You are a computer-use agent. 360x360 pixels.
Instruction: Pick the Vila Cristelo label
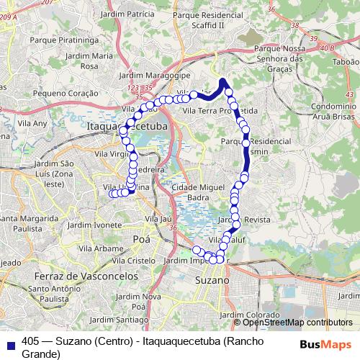[x=132, y=261]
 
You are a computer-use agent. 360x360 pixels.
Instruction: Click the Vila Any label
[x=34, y=123]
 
